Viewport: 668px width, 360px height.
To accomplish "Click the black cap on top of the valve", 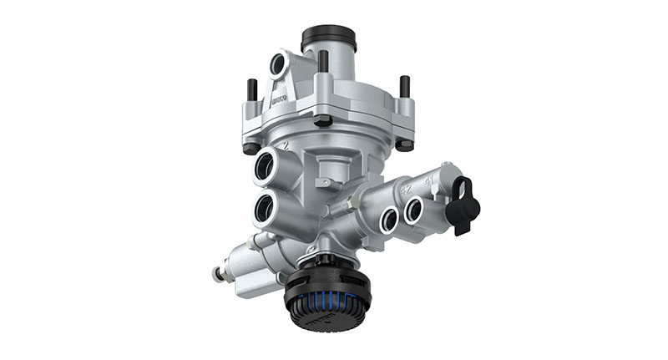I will pyautogui.click(x=329, y=38).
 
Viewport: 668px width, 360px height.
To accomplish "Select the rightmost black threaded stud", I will pyautogui.click(x=405, y=85).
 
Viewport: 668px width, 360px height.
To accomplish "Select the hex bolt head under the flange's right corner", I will pyautogui.click(x=405, y=145).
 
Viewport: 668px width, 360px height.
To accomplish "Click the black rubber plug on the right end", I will pyautogui.click(x=462, y=205).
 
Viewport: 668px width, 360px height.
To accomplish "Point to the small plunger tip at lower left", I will pyautogui.click(x=216, y=271).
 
